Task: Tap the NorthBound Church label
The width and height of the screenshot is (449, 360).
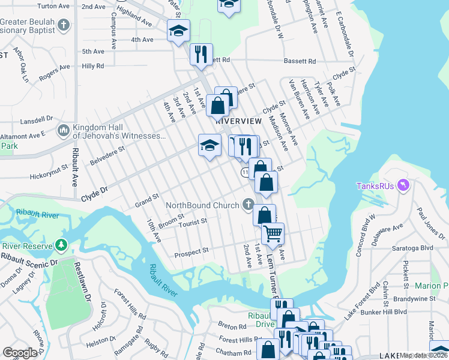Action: [x=202, y=205]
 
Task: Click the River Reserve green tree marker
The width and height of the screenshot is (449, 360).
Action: [x=60, y=245]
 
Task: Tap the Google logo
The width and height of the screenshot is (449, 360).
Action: [x=20, y=353]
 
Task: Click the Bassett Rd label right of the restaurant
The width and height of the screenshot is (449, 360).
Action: [x=300, y=61]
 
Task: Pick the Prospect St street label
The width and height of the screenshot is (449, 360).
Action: [x=191, y=251]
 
